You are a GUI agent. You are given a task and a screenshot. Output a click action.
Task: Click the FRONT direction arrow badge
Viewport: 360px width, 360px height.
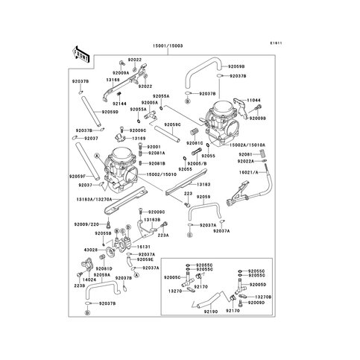[x=79, y=54]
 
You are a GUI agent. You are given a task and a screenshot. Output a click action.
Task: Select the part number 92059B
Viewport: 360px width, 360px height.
[x=236, y=66]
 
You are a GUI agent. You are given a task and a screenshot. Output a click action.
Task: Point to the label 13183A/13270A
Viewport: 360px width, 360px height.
[x=94, y=199]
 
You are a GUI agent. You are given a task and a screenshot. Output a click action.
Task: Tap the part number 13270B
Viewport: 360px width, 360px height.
[x=263, y=296]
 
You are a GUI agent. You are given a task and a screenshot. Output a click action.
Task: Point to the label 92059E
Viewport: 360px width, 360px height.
[x=145, y=260]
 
